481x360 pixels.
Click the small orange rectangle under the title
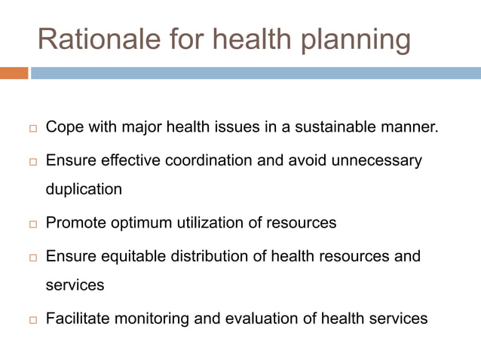point(14,73)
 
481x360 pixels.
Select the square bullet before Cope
point(32,129)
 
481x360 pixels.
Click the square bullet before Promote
point(32,224)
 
